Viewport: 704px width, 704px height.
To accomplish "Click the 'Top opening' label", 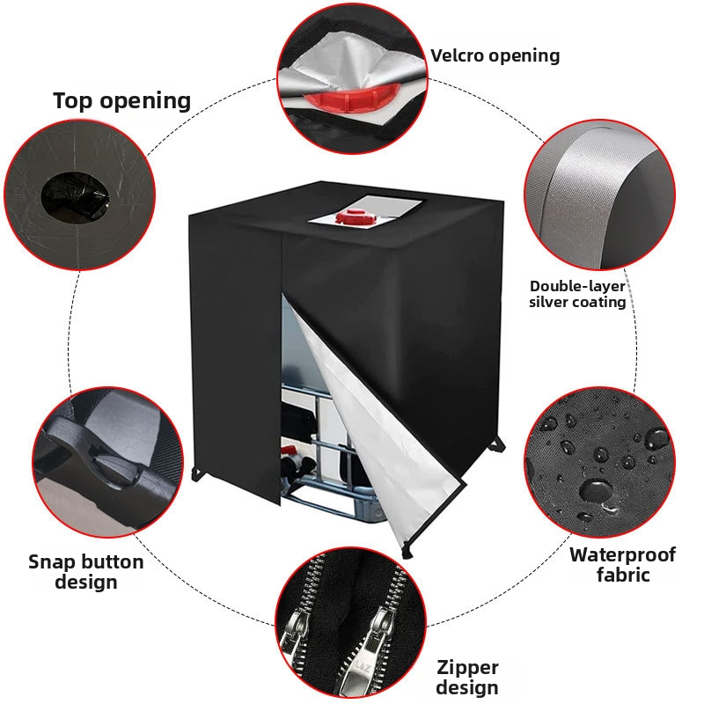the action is point(122,100).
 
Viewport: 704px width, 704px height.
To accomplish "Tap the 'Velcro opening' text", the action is point(495,55).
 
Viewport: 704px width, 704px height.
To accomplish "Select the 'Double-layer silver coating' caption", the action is point(577,294).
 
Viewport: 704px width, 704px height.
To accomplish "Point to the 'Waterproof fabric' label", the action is point(623,565).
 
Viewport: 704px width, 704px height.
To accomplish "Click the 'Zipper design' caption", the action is point(467,678).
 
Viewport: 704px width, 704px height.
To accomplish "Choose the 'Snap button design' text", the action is point(85,571).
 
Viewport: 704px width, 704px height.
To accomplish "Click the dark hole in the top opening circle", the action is point(75,195).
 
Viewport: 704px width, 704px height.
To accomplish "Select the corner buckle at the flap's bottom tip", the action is point(407,549).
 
